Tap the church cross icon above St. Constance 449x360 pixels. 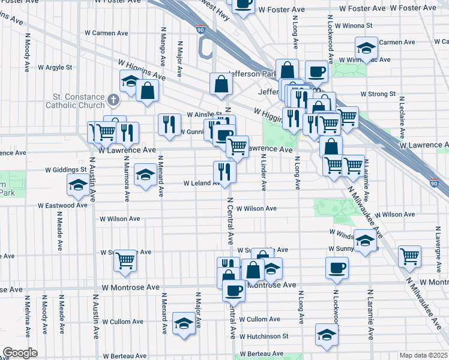click(113, 98)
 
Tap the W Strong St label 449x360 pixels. click(378, 94)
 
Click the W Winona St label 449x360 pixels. click(354, 26)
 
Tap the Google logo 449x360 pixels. click(19, 352)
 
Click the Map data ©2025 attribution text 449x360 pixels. click(423, 355)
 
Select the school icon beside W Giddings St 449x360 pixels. click(144, 175)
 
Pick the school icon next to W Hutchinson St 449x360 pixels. click(326, 338)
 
